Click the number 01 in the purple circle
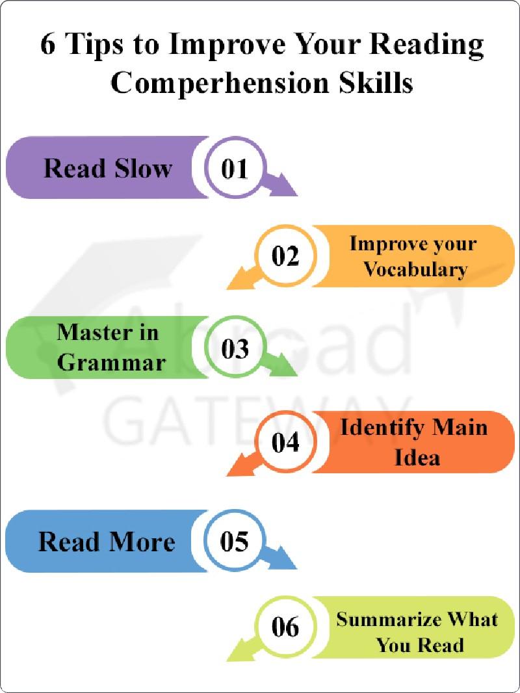[x=235, y=168]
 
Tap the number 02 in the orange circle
[x=285, y=257]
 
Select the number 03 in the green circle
[x=235, y=348]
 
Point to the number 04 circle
[x=285, y=443]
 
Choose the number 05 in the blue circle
[x=235, y=542]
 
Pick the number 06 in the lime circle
[x=285, y=628]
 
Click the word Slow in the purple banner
[x=142, y=168]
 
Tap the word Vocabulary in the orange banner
[x=415, y=269]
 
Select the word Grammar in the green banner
[x=111, y=362]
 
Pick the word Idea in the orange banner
[x=417, y=457]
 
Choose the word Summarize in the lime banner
[x=387, y=619]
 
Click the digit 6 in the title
[x=47, y=46]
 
